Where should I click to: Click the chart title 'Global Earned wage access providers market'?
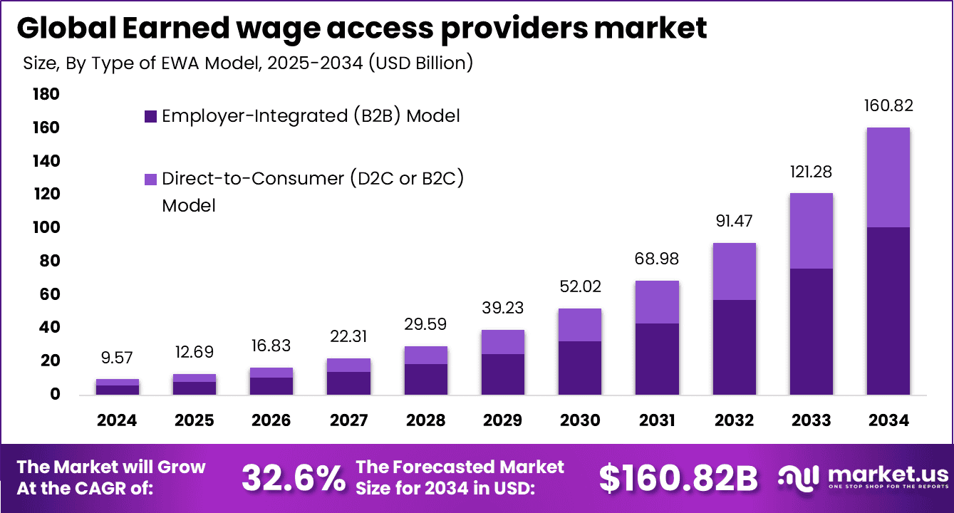[361, 28]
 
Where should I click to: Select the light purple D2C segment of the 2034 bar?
[888, 177]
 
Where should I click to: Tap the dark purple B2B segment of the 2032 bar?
[734, 347]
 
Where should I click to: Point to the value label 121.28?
[811, 172]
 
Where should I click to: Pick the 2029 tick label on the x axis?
[503, 420]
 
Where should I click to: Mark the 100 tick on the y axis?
[44, 228]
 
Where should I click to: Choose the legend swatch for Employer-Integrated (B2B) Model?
[150, 116]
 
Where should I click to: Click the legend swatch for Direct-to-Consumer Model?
[150, 179]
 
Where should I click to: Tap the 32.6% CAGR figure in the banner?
[293, 478]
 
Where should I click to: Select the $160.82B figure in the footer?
[678, 479]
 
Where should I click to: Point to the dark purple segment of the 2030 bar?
[580, 368]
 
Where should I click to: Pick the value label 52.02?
[580, 287]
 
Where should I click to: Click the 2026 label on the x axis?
[271, 420]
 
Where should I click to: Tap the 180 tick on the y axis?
[44, 95]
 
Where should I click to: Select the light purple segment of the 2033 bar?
[811, 231]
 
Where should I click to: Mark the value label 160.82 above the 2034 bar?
[888, 106]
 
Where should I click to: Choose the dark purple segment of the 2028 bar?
[426, 379]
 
